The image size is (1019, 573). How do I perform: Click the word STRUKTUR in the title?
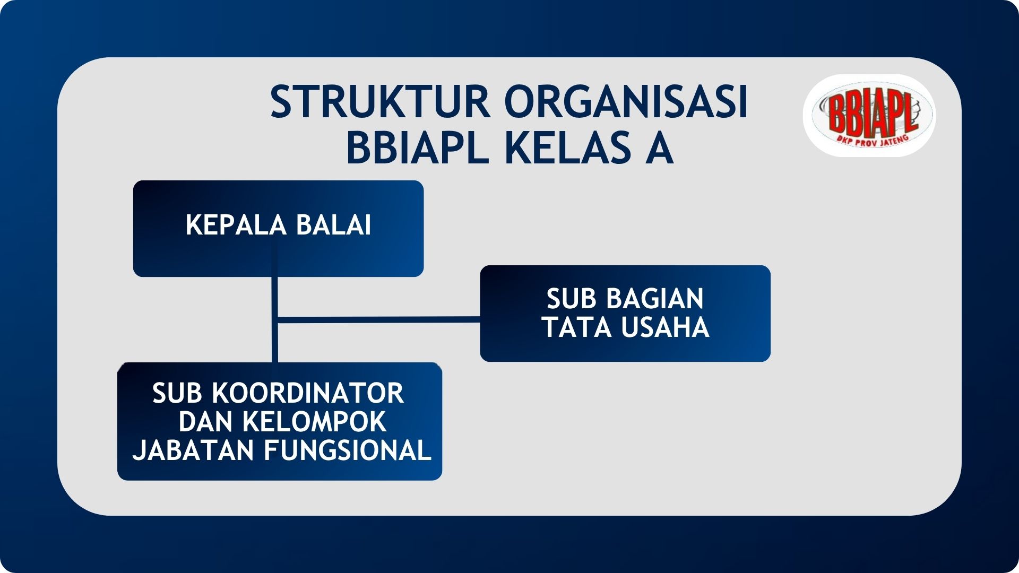pos(380,101)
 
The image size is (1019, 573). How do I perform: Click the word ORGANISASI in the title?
pos(626,101)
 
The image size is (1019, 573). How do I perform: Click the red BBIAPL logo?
pos(869,115)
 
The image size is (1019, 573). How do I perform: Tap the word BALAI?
pos(333,225)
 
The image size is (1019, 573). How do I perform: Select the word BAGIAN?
pos(655,299)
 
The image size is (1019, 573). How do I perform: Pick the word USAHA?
pos(665,327)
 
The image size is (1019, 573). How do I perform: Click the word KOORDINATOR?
pos(308,394)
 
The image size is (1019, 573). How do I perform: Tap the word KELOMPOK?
pos(314,422)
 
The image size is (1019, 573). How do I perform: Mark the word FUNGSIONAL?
pos(348,450)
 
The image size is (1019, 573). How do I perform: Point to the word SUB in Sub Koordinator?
pos(177,394)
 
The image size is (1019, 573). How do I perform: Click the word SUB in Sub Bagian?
pos(572,299)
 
